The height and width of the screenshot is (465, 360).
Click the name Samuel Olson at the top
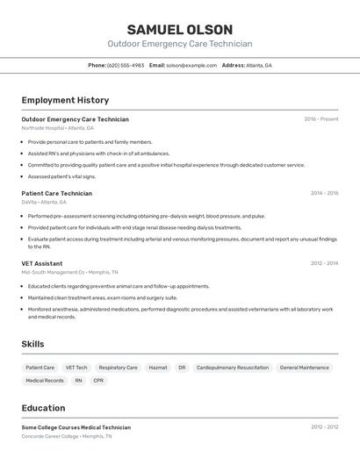point(179,29)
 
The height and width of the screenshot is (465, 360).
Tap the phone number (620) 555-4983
point(126,65)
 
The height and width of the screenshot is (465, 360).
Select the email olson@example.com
point(191,65)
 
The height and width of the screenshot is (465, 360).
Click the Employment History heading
point(65,100)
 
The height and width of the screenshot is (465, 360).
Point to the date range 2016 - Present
point(321,119)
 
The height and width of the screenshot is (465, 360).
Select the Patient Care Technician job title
point(56,193)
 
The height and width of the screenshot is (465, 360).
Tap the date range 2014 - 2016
point(324,193)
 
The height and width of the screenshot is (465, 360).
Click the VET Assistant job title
point(42,263)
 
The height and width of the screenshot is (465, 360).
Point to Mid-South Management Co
point(53,272)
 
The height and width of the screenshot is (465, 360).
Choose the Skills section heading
point(32,344)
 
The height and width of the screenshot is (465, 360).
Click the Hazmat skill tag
point(158,368)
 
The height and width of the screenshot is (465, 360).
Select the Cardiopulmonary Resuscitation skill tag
point(233,368)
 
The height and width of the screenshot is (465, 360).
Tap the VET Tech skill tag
point(76,368)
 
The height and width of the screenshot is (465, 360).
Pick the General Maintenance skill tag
point(304,368)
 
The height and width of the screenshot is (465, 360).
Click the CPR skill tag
point(98,381)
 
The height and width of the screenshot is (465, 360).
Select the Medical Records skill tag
point(45,381)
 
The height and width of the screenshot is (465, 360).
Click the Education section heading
point(43,408)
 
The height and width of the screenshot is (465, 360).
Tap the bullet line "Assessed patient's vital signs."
point(61,176)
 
